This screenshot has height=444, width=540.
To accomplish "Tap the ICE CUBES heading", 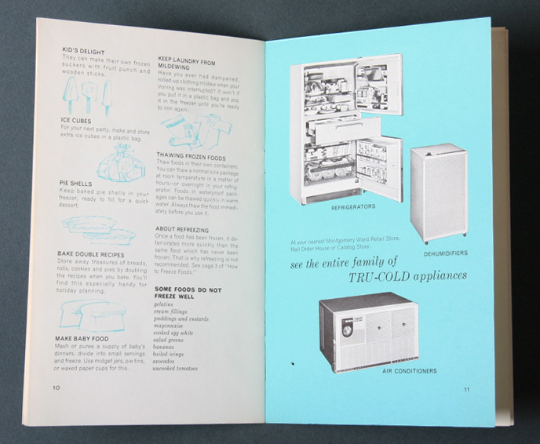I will tap(76, 120).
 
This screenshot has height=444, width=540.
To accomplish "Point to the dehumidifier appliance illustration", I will tap(439, 191).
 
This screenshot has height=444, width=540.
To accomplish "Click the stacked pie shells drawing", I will tap(97, 229).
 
